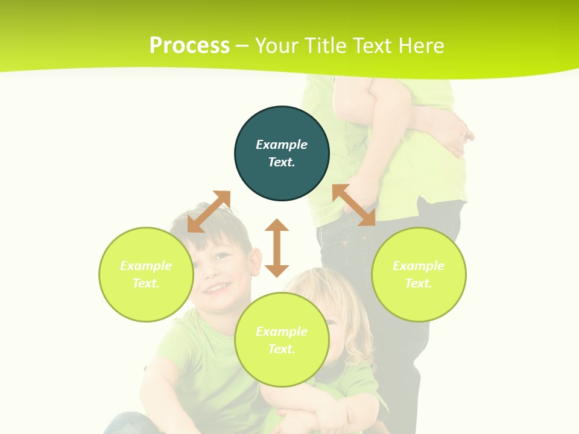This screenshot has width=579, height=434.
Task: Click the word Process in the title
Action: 189,46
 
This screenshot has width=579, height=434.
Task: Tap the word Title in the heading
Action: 325,46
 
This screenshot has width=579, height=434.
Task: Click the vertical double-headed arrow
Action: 277,248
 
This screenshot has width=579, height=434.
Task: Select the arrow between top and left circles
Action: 209,212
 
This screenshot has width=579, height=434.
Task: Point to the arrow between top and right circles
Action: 354,205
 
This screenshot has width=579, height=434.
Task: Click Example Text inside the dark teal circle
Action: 282,153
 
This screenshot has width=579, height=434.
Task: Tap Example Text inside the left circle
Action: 146,274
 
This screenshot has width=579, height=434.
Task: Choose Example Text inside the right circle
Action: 419,274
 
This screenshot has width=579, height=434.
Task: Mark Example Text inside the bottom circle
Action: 282,340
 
